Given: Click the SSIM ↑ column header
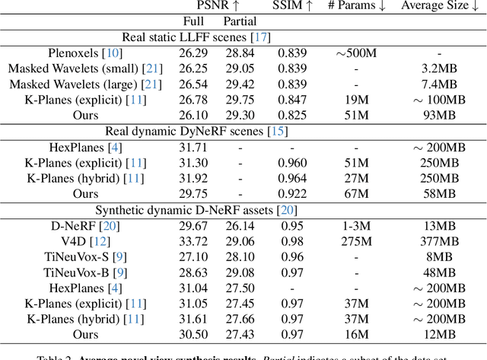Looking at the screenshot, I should [x=293, y=7].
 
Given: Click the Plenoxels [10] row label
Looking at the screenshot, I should [x=76, y=53].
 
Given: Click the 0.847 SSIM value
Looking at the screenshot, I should [x=293, y=100].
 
